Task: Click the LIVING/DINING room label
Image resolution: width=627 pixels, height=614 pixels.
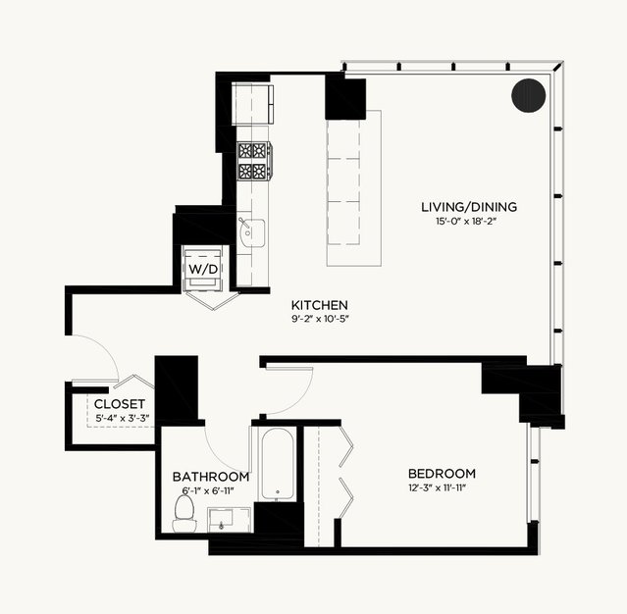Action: pyautogui.click(x=469, y=207)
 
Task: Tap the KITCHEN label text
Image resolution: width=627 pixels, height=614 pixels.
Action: pyautogui.click(x=320, y=305)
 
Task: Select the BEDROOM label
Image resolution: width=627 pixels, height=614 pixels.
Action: pyautogui.click(x=442, y=474)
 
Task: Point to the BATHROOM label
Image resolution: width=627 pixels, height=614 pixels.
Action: pyautogui.click(x=211, y=477)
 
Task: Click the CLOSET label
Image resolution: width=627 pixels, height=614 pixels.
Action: pyautogui.click(x=120, y=404)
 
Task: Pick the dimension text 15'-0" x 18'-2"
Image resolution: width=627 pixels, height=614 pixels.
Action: pyautogui.click(x=466, y=222)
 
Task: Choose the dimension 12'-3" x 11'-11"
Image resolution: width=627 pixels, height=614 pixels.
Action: pyautogui.click(x=437, y=488)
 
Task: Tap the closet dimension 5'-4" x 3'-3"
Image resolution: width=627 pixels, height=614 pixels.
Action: pyautogui.click(x=123, y=419)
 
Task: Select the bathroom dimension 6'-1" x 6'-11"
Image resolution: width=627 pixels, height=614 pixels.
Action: pyautogui.click(x=208, y=491)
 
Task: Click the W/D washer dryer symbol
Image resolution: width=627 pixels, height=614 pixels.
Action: pyautogui.click(x=203, y=269)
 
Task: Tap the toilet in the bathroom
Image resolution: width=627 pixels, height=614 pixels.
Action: pyautogui.click(x=184, y=514)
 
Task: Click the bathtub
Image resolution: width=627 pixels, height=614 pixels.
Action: pyautogui.click(x=277, y=464)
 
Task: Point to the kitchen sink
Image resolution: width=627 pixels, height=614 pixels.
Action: pyautogui.click(x=251, y=232)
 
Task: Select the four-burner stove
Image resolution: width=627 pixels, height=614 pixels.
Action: pyautogui.click(x=254, y=161)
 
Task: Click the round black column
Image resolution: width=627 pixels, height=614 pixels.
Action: pyautogui.click(x=529, y=95)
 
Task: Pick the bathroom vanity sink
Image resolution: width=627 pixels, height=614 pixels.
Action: pyautogui.click(x=230, y=520)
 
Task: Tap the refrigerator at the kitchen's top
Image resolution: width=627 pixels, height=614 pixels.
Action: pyautogui.click(x=253, y=104)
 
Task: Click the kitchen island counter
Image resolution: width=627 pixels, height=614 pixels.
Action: pyautogui.click(x=354, y=188)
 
